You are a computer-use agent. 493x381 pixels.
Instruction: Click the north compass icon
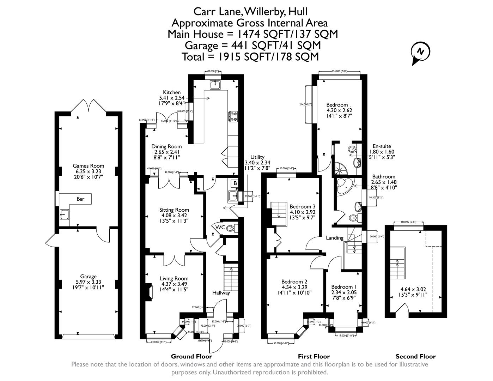[420, 52]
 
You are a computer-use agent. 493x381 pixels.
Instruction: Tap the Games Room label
[88, 166]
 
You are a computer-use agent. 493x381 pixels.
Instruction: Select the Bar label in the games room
[80, 199]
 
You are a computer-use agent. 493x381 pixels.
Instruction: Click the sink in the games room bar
[64, 214]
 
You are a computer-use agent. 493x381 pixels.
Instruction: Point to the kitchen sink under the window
[215, 85]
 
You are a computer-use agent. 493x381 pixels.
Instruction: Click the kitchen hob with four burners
[233, 116]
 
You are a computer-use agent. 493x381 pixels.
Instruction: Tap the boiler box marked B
[235, 183]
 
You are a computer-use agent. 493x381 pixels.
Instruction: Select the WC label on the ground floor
[220, 227]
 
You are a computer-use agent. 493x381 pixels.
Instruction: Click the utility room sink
[233, 196]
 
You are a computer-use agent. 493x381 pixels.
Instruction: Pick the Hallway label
[221, 293]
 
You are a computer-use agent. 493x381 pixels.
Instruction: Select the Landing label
[334, 238]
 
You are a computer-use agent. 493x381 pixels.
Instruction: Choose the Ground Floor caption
[191, 356]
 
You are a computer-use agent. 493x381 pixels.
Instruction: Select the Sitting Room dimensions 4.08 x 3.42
[174, 215]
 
